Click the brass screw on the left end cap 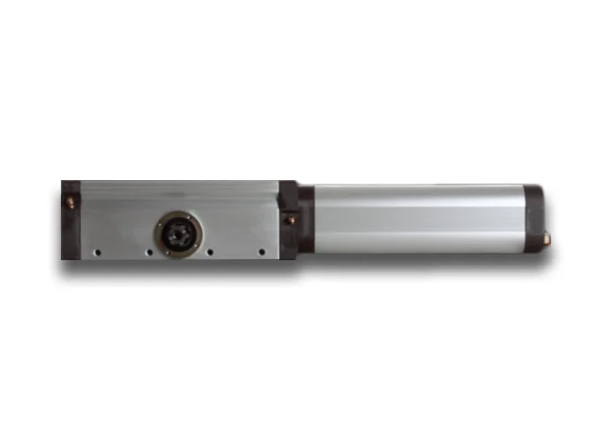[x=68, y=202]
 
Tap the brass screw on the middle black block [x=287, y=218]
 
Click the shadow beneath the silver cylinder [x=423, y=262]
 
